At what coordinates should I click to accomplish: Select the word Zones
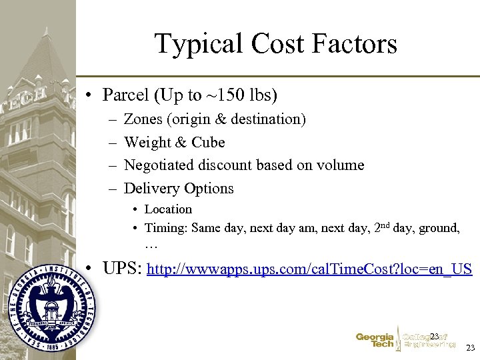click(x=143, y=119)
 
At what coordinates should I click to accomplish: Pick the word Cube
click(x=208, y=142)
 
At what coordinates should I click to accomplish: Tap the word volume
click(x=342, y=165)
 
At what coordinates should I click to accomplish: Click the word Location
click(x=168, y=209)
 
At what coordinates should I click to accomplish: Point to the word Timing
click(x=165, y=228)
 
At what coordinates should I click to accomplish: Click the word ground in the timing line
click(x=437, y=228)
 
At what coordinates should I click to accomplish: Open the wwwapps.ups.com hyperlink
click(x=309, y=270)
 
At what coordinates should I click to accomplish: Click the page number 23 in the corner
click(x=470, y=349)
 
